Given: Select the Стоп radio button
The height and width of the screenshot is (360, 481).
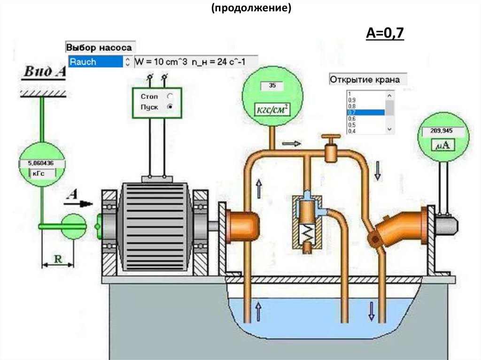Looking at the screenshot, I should (170, 96).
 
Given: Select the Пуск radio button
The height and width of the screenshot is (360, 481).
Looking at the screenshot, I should (170, 107).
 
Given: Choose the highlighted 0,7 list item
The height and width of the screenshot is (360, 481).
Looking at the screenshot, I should (365, 113).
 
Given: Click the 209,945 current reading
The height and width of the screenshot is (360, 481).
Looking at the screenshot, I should (443, 131).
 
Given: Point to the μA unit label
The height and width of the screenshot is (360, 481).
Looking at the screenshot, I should (443, 146).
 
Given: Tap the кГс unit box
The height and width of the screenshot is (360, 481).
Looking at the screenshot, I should (41, 173).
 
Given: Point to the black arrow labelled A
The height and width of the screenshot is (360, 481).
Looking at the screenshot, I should (79, 203).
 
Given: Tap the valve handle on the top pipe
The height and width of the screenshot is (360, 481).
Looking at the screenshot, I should (331, 139).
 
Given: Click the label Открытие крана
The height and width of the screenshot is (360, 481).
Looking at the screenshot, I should (365, 79).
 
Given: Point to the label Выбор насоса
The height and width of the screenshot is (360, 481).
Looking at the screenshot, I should (99, 47).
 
